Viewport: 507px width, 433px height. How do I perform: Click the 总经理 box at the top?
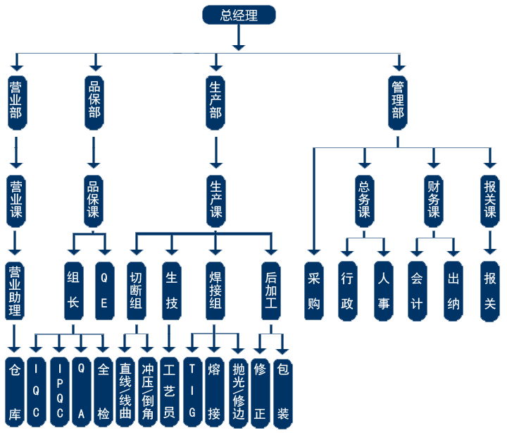[x=239, y=15]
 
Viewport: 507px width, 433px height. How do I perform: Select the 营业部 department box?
[x=15, y=102]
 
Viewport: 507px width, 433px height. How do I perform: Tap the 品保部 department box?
[x=94, y=102]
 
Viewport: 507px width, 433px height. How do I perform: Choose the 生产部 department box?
[x=215, y=102]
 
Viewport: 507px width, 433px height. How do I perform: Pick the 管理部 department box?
[x=398, y=102]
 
